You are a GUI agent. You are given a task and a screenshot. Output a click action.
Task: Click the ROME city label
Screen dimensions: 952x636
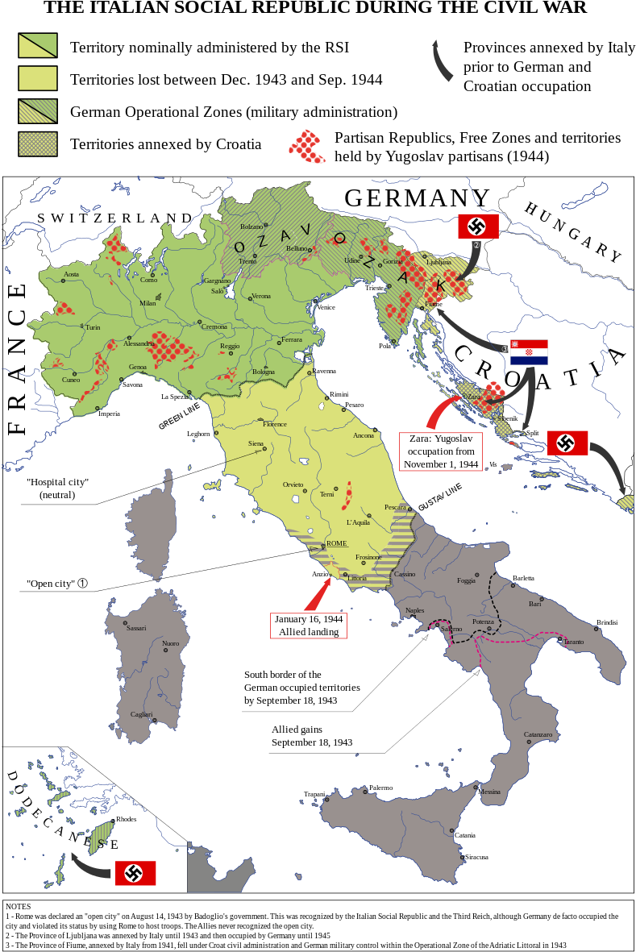pyautogui.click(x=337, y=543)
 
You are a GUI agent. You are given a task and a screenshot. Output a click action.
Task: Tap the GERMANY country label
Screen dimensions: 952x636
pyautogui.click(x=418, y=197)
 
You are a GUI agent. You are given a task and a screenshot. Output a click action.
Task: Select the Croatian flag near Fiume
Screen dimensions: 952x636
pyautogui.click(x=529, y=352)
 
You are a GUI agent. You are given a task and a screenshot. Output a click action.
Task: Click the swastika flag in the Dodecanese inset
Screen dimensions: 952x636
pyautogui.click(x=135, y=873)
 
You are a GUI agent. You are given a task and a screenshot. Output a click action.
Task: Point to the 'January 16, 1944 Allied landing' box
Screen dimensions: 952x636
pyautogui.click(x=309, y=626)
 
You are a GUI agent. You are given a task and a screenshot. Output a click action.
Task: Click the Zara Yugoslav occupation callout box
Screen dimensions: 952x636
pyautogui.click(x=441, y=451)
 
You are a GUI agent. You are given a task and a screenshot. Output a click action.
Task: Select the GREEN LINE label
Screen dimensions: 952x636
pyautogui.click(x=179, y=417)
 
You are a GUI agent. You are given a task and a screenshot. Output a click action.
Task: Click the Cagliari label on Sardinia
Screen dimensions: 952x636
pyautogui.click(x=141, y=714)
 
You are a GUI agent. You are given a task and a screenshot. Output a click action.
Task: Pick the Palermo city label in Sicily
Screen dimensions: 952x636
pyautogui.click(x=380, y=788)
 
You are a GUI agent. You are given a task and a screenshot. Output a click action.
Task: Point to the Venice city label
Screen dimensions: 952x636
pyautogui.click(x=326, y=307)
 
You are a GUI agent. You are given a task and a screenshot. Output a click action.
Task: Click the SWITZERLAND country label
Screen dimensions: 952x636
pyautogui.click(x=116, y=218)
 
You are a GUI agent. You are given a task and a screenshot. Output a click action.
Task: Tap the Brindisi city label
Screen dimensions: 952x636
pyautogui.click(x=607, y=622)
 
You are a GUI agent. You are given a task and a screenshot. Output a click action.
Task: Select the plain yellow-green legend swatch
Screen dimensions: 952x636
pyautogui.click(x=38, y=78)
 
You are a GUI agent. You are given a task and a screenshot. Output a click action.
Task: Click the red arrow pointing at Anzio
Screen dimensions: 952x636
pyautogui.click(x=316, y=596)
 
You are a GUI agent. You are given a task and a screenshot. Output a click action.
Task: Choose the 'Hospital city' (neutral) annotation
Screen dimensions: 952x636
pyautogui.click(x=57, y=488)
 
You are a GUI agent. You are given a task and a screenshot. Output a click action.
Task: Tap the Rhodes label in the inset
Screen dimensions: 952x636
pyautogui.click(x=127, y=819)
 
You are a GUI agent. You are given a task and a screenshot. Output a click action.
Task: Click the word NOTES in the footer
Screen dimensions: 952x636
pyautogui.click(x=18, y=907)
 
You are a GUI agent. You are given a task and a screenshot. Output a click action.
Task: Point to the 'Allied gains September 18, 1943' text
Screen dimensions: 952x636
pyautogui.click(x=312, y=735)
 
